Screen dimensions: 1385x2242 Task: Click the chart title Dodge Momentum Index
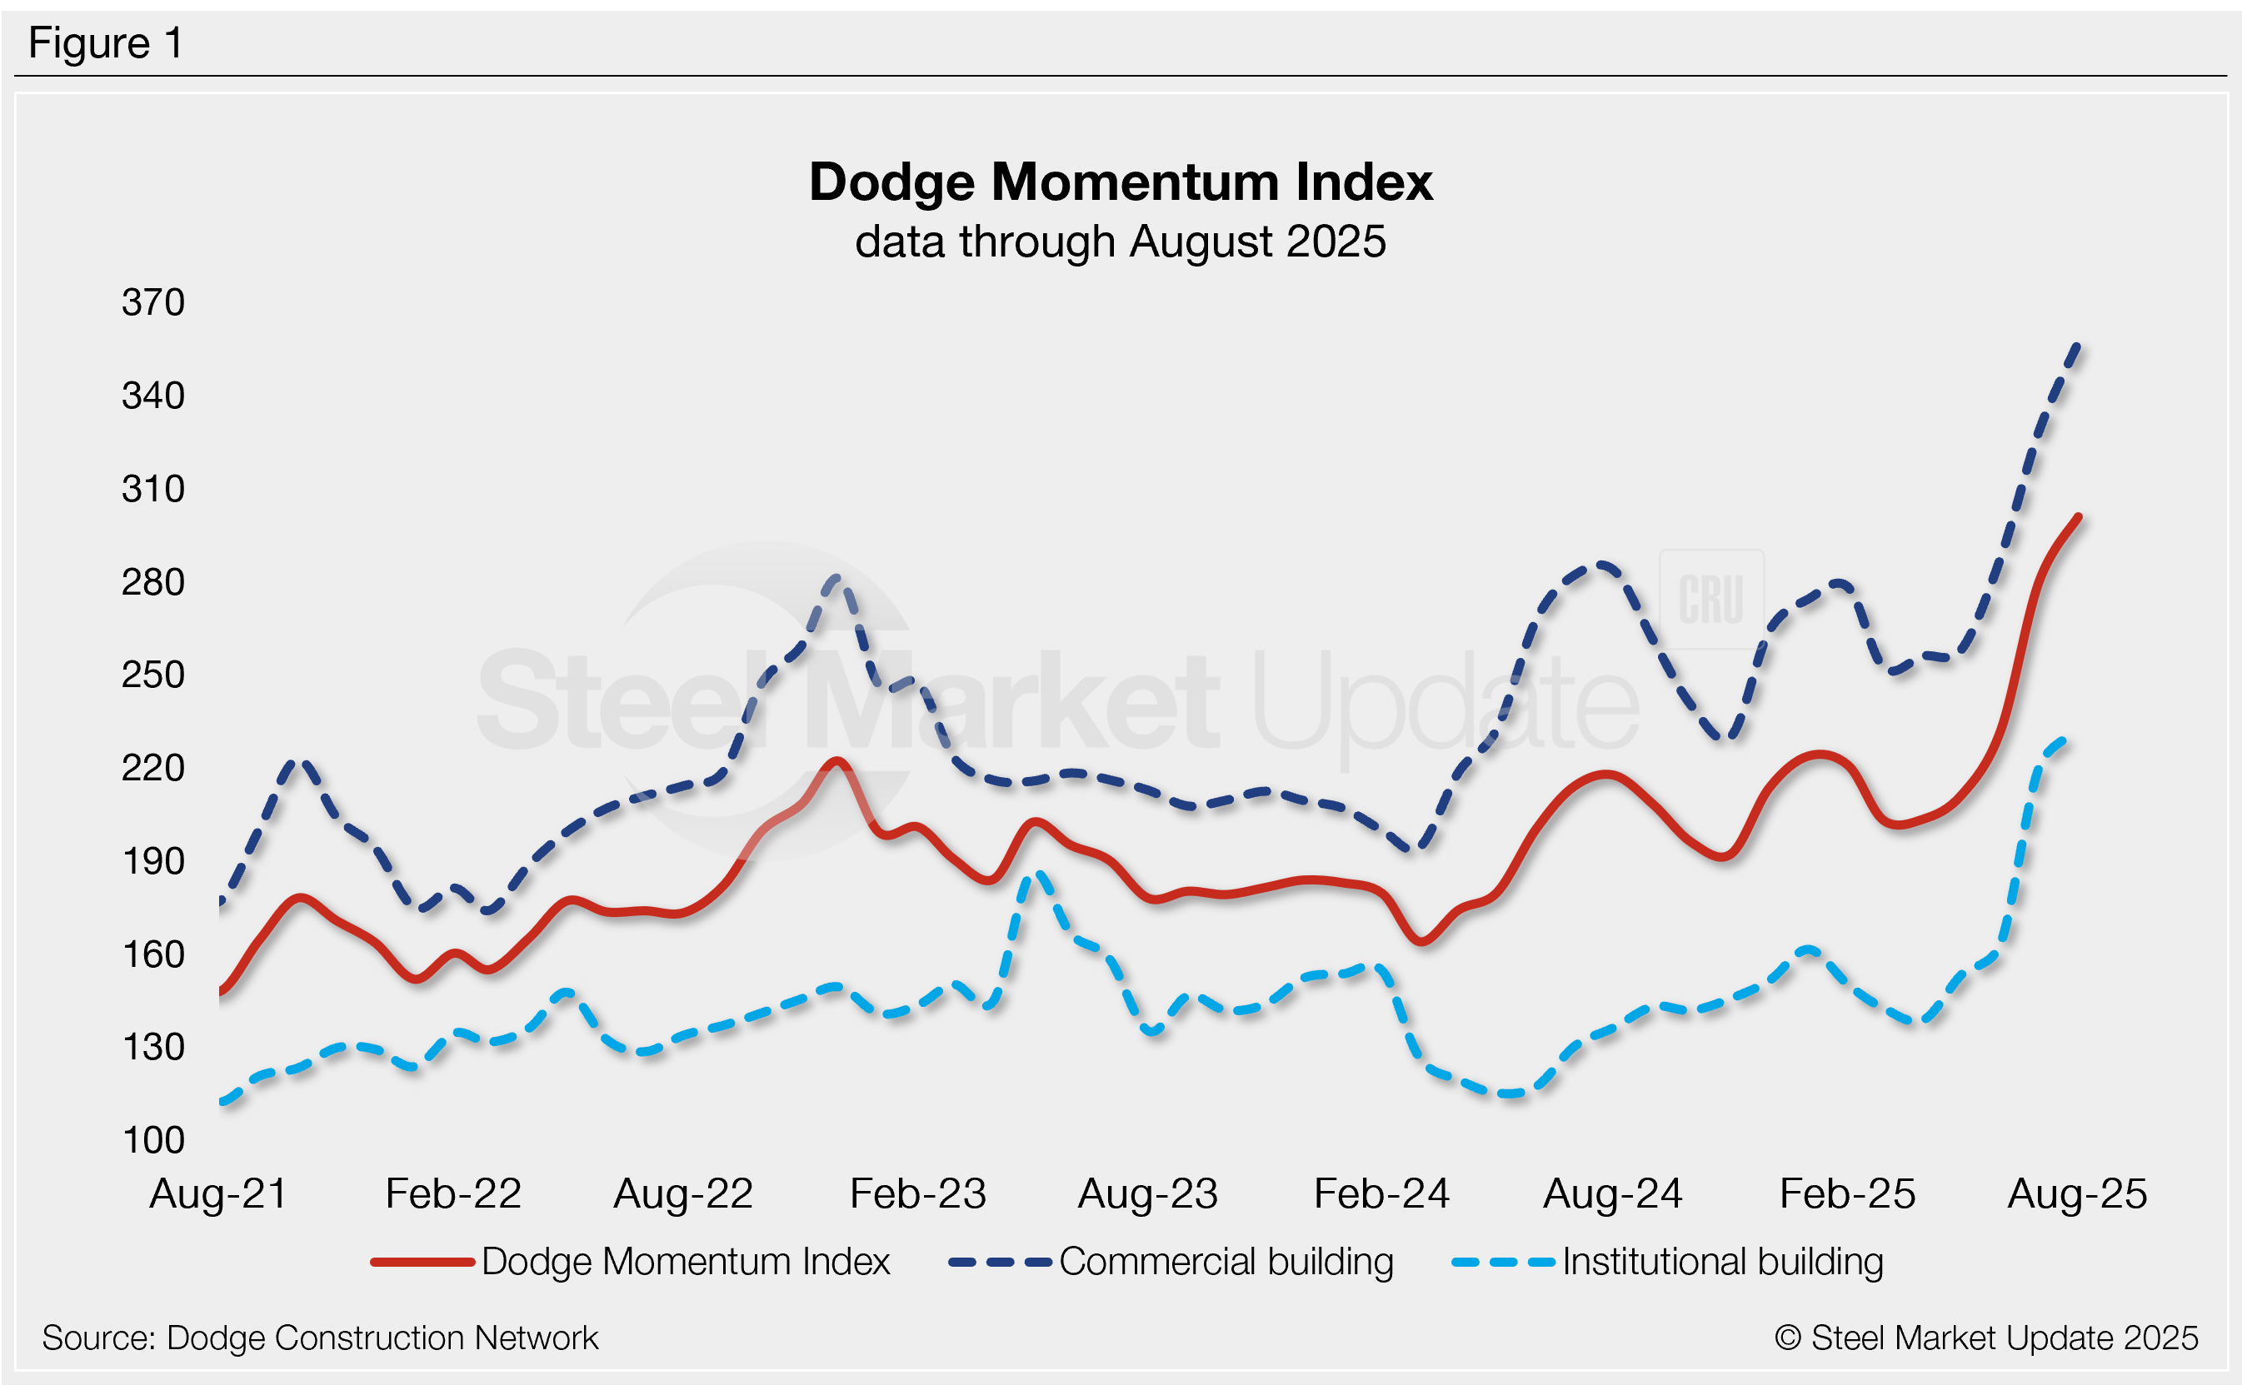point(1120,182)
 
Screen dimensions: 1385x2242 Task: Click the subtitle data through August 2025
point(1120,242)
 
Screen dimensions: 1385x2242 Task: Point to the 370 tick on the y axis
point(153,302)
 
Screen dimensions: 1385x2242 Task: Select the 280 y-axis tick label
point(153,583)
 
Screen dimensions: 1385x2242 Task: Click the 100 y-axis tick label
point(153,1140)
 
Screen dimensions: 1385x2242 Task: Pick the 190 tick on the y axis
point(153,861)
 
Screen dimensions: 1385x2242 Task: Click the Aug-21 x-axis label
point(218,1193)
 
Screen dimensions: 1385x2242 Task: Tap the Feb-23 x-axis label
point(917,1193)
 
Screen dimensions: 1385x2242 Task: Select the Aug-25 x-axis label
point(2077,1193)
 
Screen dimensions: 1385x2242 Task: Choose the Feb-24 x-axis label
point(1381,1193)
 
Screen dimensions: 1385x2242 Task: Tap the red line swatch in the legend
point(422,1263)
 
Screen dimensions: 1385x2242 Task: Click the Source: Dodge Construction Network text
point(320,1338)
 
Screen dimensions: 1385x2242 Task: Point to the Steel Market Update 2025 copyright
point(1985,1338)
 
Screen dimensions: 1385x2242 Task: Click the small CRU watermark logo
point(1710,600)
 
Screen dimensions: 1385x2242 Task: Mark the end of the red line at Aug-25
point(2079,517)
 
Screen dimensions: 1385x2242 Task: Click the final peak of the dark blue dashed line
point(2077,346)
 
